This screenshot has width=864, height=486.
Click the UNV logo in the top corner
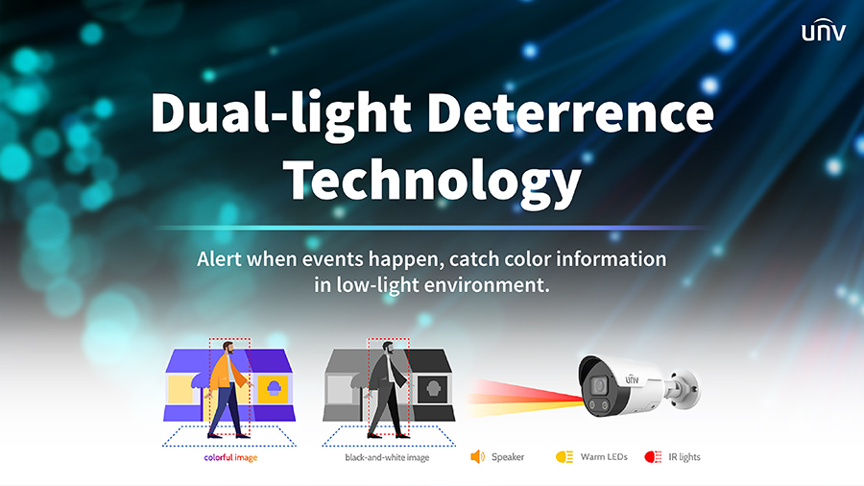coord(824,33)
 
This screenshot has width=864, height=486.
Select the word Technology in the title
coord(435,179)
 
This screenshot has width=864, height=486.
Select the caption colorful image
coord(230,458)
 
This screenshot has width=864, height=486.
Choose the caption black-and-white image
coord(388,458)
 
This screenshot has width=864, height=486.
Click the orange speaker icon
coord(477,457)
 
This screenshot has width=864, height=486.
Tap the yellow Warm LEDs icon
coord(564,457)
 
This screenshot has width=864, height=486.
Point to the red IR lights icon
coord(653,457)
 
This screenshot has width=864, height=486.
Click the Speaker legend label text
coord(508,457)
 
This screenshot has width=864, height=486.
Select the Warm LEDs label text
coord(604,457)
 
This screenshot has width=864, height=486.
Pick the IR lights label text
coord(684,457)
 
